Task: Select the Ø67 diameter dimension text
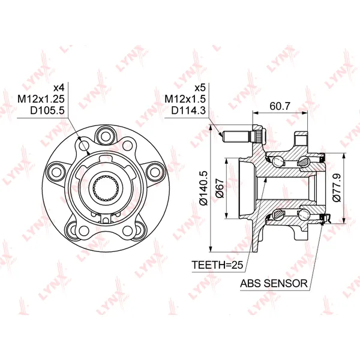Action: [x=220, y=190]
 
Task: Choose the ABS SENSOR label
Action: [x=273, y=283]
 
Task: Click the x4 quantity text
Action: [x=58, y=86]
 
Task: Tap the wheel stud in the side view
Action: [x=238, y=135]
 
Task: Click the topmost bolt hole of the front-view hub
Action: [x=109, y=133]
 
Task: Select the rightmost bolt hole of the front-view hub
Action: [x=155, y=170]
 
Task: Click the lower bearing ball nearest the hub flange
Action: [x=278, y=214]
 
